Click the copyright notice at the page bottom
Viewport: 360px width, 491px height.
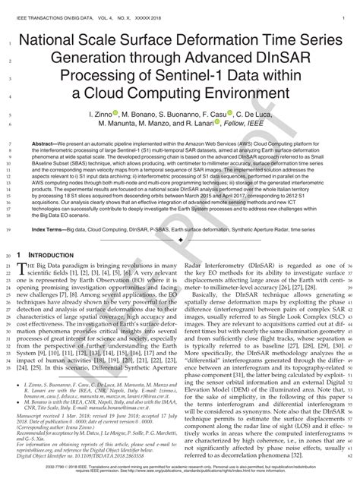[x=180, y=476]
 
